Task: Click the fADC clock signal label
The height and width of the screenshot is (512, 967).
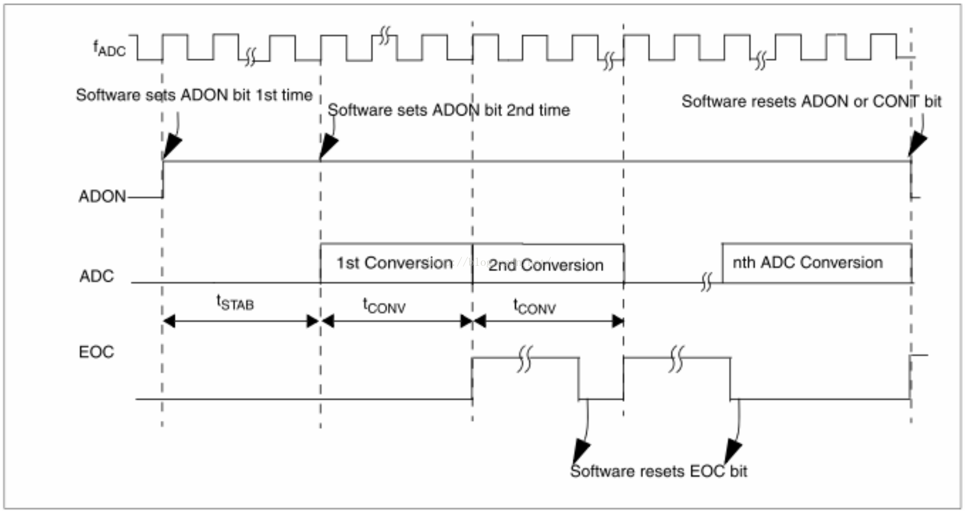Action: click(x=110, y=48)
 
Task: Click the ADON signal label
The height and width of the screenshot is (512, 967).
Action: click(x=102, y=197)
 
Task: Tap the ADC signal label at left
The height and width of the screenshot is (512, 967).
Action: click(x=97, y=276)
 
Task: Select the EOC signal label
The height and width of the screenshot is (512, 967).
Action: click(x=96, y=352)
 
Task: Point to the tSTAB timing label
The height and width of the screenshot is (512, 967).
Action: click(x=235, y=303)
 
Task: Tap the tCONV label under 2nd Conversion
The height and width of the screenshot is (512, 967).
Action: click(x=534, y=306)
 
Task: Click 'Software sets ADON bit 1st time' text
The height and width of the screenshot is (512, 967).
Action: click(x=194, y=95)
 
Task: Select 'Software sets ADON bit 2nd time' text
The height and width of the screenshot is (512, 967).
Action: click(x=448, y=110)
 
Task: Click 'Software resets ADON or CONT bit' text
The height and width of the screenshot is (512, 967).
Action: click(x=811, y=102)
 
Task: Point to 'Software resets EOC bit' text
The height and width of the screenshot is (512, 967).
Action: click(x=658, y=471)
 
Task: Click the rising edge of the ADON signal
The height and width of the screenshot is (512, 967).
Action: click(x=163, y=178)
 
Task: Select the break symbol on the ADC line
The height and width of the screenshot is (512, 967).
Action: click(x=706, y=282)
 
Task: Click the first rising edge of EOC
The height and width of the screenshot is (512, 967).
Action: click(x=472, y=378)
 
